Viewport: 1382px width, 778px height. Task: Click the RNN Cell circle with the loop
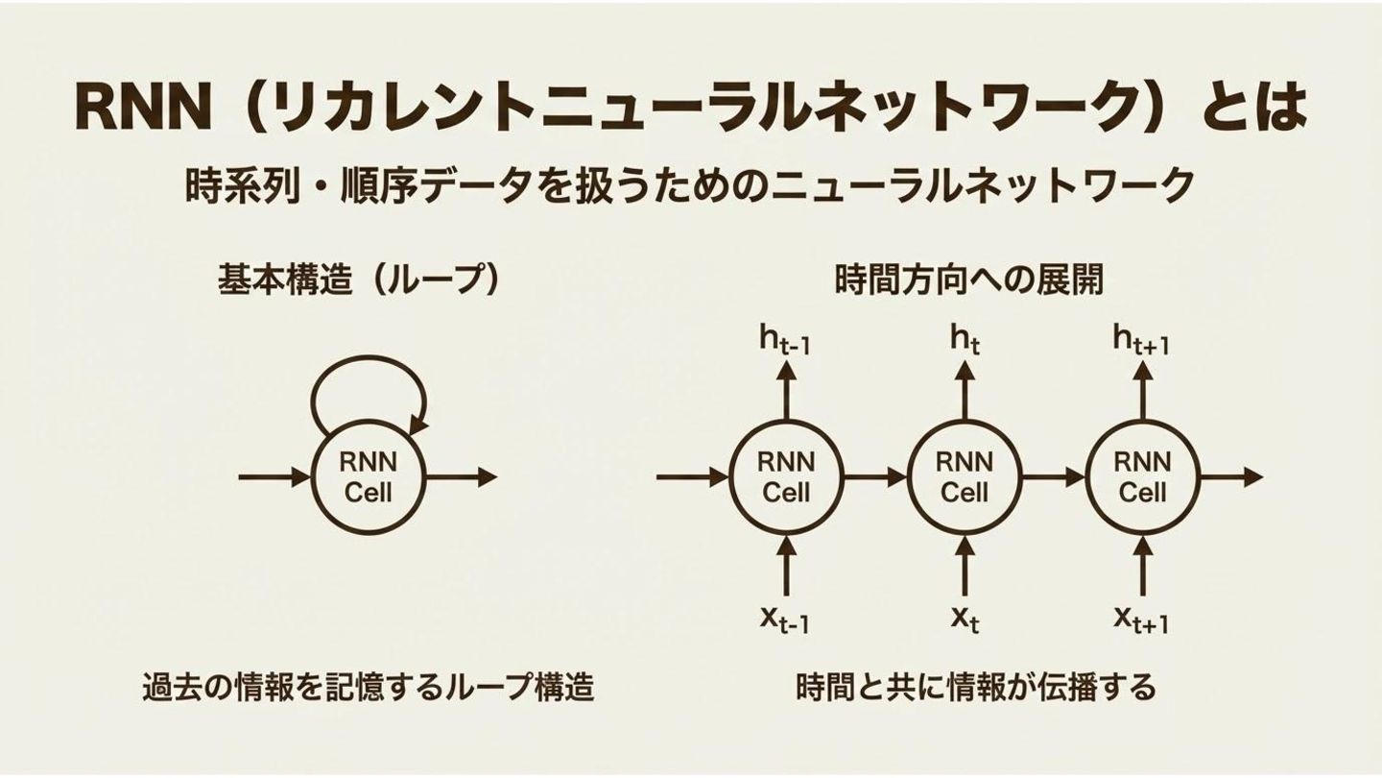(369, 477)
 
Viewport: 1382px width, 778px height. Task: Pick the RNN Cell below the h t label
(964, 477)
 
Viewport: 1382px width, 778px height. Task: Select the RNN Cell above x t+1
(1142, 477)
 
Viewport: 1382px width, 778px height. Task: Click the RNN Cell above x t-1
(786, 477)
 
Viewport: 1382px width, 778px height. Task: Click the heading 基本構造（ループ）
(359, 280)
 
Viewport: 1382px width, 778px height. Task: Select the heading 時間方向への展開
(969, 280)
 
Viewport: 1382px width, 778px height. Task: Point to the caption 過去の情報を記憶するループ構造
(369, 687)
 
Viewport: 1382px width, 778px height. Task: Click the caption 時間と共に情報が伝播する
(976, 687)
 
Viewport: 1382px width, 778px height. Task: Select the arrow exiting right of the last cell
(1230, 476)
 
